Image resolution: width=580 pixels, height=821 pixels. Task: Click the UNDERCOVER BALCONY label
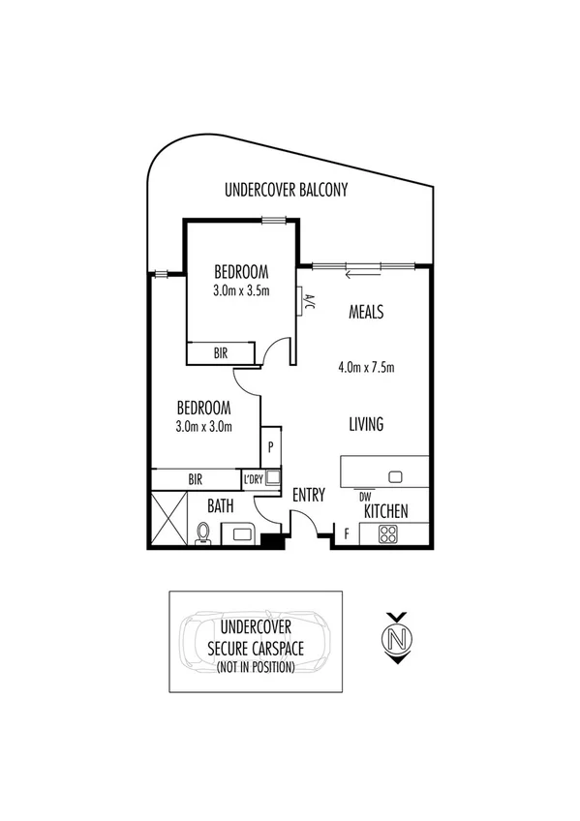[286, 191]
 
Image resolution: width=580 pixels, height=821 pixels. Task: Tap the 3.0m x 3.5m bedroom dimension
[241, 289]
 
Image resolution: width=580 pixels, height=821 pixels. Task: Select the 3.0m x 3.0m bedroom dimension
[203, 425]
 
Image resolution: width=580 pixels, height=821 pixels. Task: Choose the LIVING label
[366, 424]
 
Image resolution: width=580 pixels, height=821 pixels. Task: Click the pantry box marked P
[271, 447]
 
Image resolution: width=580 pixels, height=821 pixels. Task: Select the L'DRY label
[254, 478]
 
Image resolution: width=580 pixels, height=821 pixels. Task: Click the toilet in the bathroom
[203, 533]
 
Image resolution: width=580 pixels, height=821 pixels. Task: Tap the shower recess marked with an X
[166, 518]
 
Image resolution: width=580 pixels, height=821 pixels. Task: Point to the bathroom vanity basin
[237, 532]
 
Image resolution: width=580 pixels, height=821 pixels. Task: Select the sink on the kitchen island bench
[395, 476]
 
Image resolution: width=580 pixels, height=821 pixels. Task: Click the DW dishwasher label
[365, 497]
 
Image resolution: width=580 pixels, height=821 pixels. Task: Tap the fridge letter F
[347, 532]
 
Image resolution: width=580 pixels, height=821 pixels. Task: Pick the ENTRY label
[309, 495]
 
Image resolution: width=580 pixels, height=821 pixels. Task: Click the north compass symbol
[395, 639]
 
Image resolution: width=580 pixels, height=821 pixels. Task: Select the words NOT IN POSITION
[255, 667]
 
